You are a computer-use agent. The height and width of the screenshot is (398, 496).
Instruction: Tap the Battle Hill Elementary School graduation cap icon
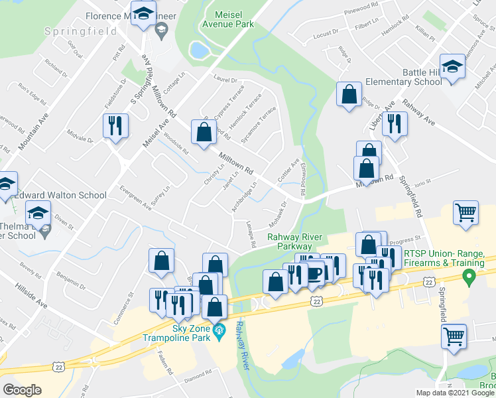tap(453, 67)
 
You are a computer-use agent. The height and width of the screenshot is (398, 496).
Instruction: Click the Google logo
tap(22, 390)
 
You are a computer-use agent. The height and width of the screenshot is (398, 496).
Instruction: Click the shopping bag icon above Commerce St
tap(161, 261)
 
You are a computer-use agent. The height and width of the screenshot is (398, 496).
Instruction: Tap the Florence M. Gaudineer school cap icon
tap(143, 14)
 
